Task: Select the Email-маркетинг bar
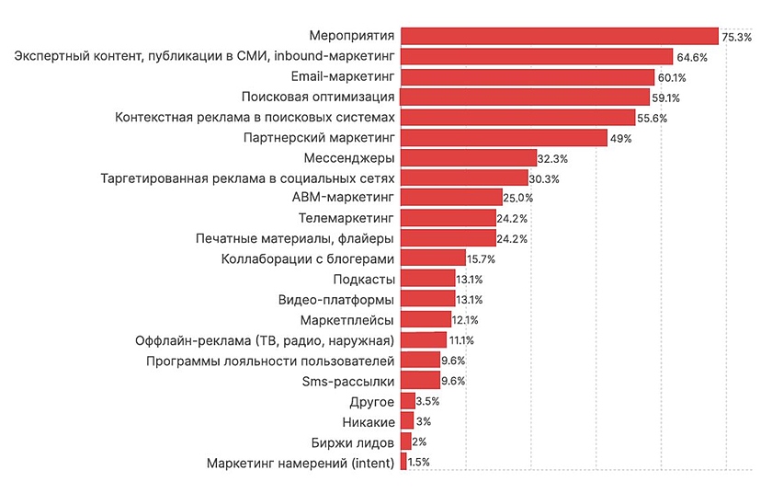click(528, 76)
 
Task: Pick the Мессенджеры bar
click(469, 157)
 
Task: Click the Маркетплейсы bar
click(426, 319)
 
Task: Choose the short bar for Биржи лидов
click(406, 441)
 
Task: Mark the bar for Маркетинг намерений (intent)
click(404, 462)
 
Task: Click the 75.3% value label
click(737, 37)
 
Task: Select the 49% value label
click(620, 138)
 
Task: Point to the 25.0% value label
click(518, 198)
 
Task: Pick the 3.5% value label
click(428, 401)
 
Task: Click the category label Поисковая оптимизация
click(318, 97)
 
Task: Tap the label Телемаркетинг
click(346, 218)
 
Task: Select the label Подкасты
click(365, 279)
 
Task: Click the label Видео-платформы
click(336, 299)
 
